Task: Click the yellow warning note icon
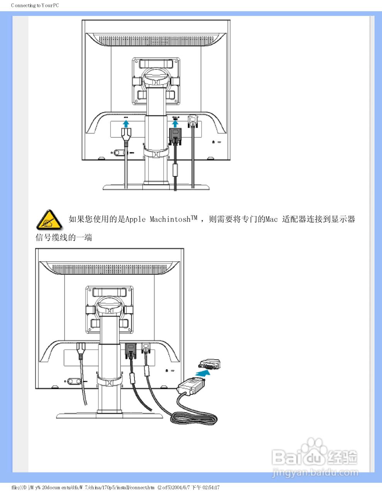[x=49, y=220]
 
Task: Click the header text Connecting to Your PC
[x=35, y=5]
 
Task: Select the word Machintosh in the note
[x=170, y=220]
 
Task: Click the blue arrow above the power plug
[x=126, y=123]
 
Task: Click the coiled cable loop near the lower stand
[x=194, y=418]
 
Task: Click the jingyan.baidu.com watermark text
[x=315, y=472]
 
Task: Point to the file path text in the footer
[x=115, y=487]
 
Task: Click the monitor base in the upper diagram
[x=156, y=187]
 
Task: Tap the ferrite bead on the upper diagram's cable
[x=175, y=170]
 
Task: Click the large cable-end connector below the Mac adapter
[x=191, y=386]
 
